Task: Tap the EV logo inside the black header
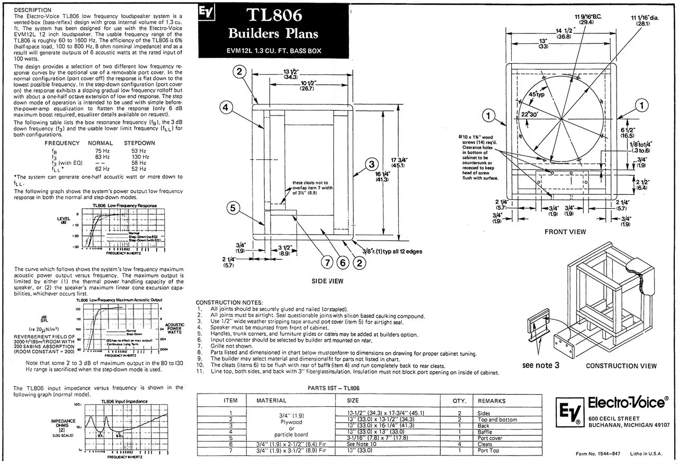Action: point(203,12)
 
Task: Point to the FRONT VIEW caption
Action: point(565,231)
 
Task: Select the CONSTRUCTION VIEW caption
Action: point(621,365)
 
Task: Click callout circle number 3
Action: point(372,164)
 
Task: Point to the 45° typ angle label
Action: point(536,95)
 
